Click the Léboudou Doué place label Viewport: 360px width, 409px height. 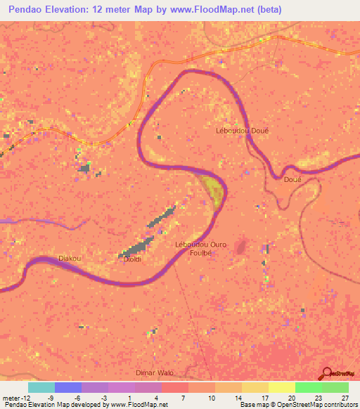tap(241, 130)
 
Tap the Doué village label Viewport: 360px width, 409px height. tap(292, 180)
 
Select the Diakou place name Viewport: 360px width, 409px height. tap(70, 258)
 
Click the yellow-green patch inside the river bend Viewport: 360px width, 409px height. tap(212, 190)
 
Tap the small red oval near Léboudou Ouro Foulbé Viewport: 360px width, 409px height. tap(241, 247)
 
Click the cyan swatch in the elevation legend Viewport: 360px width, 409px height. tap(41, 387)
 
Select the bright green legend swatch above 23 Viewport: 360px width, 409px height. tap(309, 387)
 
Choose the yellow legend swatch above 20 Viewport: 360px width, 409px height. tap(282, 387)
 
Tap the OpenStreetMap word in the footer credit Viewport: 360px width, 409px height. tap(300, 405)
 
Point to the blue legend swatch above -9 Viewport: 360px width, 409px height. tap(68, 387)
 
